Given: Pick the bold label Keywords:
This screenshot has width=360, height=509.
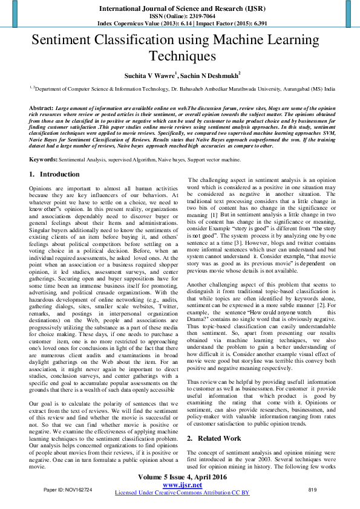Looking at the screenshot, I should tap(43, 160).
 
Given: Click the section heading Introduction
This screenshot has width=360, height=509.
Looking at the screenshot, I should tap(64, 174).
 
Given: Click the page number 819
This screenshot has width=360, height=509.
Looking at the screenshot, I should tap(313, 489).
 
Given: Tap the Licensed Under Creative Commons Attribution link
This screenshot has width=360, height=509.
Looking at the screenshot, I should tap(182, 493).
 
